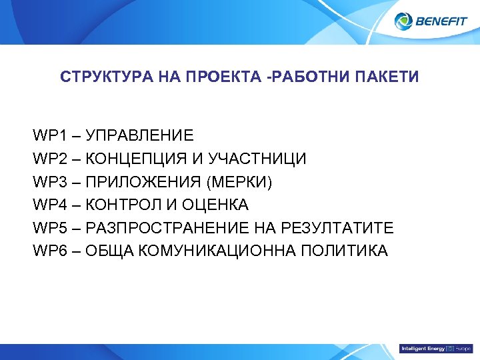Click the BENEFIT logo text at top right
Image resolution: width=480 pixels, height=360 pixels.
441,21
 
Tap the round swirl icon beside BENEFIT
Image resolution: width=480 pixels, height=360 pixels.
404,21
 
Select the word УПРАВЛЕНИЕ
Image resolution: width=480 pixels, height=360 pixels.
139,136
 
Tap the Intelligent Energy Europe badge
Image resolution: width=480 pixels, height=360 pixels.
435,349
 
